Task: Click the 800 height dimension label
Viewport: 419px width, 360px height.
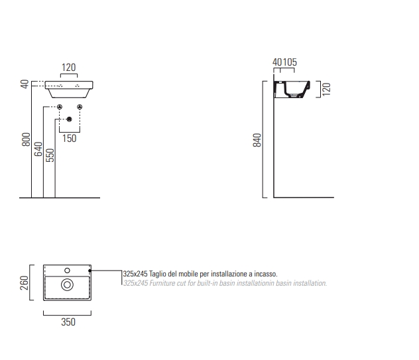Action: [27, 139]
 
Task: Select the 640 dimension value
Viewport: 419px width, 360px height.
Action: [38, 149]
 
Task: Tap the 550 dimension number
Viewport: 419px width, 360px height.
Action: [50, 155]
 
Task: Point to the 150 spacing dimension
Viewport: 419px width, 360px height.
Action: [69, 139]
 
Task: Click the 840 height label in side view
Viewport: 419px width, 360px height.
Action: [257, 140]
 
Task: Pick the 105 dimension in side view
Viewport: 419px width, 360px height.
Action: [290, 62]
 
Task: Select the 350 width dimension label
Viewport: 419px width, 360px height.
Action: [68, 322]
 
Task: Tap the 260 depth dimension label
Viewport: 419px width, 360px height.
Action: [24, 283]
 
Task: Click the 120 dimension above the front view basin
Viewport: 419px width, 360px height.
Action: [69, 68]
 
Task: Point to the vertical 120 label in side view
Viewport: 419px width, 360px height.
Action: [326, 90]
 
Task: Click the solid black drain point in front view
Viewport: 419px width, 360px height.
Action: [69, 119]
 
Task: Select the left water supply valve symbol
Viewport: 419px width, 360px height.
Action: [60, 107]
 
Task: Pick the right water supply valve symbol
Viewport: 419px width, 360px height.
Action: [80, 107]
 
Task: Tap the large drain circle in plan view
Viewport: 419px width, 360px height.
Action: [67, 285]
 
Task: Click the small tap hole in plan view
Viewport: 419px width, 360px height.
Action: [67, 270]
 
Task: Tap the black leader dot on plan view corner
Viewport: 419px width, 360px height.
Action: [90, 270]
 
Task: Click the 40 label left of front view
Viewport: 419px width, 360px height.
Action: [25, 84]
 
